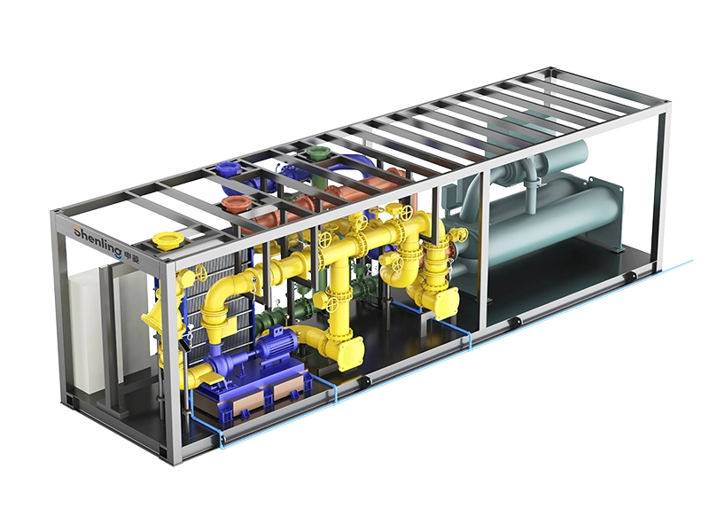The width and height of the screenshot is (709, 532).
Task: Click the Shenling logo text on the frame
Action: (97, 239)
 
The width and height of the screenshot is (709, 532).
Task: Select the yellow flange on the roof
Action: (166, 240)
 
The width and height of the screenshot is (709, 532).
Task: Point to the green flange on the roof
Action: (316, 153)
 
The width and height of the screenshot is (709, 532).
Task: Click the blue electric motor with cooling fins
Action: (275, 344)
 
